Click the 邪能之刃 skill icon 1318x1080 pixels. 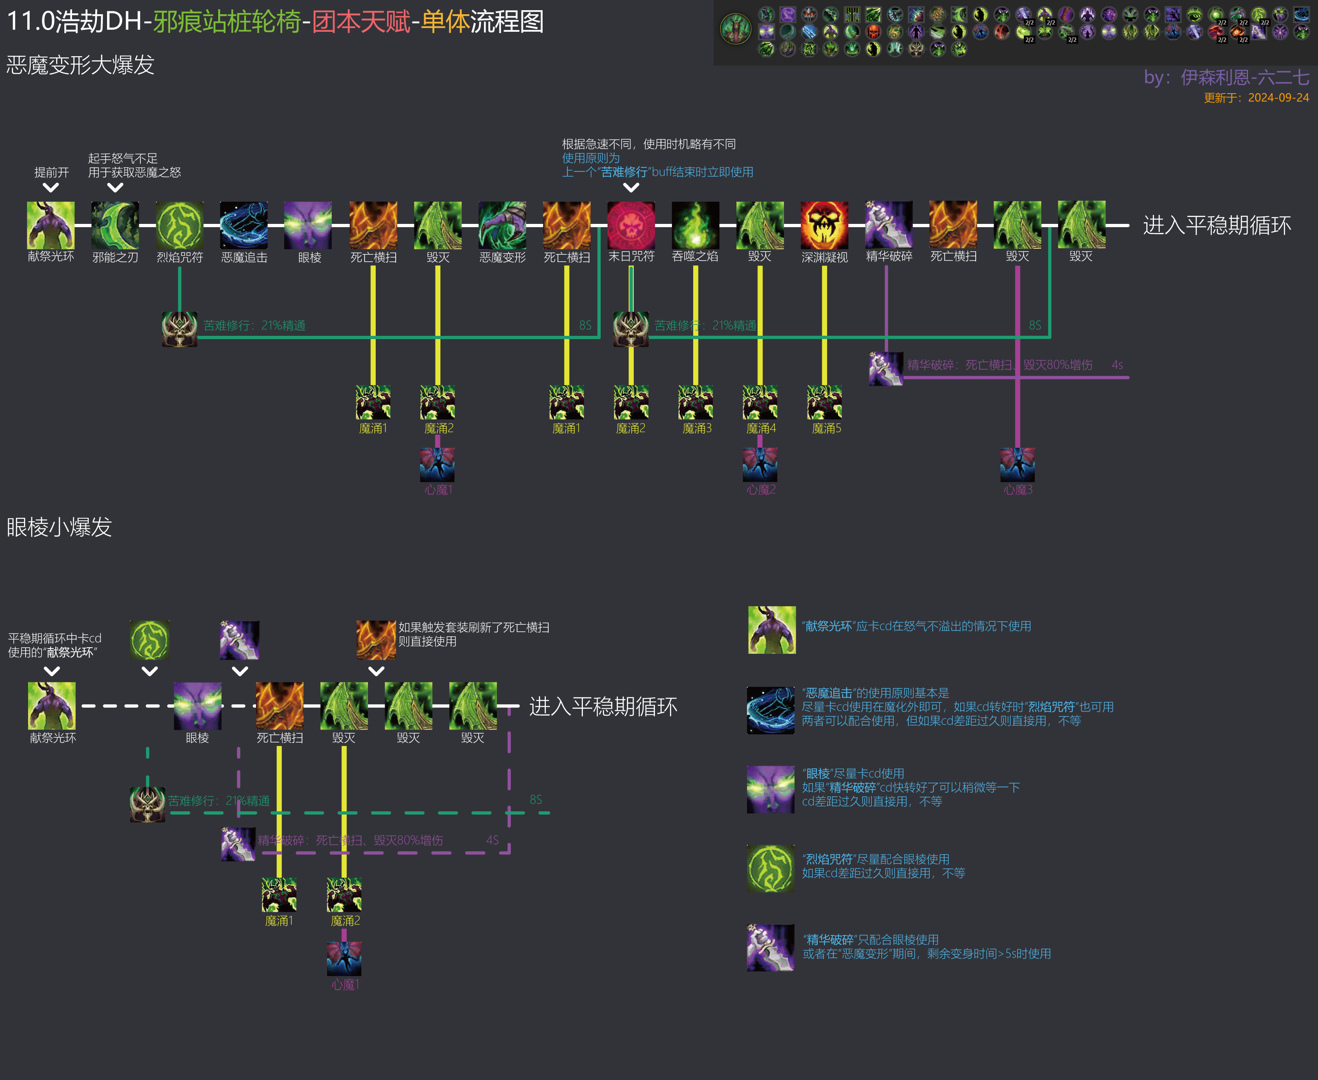pos(115,225)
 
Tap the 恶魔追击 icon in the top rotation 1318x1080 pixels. pos(244,225)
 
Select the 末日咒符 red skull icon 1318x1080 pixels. pos(631,225)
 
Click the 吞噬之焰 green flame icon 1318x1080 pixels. pos(695,225)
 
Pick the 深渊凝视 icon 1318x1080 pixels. pos(824,225)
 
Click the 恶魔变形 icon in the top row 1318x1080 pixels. pos(502,225)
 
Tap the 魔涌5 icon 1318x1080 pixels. pos(824,402)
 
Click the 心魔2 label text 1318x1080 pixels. pos(761,490)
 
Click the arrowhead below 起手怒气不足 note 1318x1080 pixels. pos(115,187)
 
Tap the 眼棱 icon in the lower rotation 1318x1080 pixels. pos(197,705)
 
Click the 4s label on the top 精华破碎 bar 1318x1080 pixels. pos(1117,365)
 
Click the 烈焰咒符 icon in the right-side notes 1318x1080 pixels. pos(771,868)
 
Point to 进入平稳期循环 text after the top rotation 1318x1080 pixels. pos(1217,225)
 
